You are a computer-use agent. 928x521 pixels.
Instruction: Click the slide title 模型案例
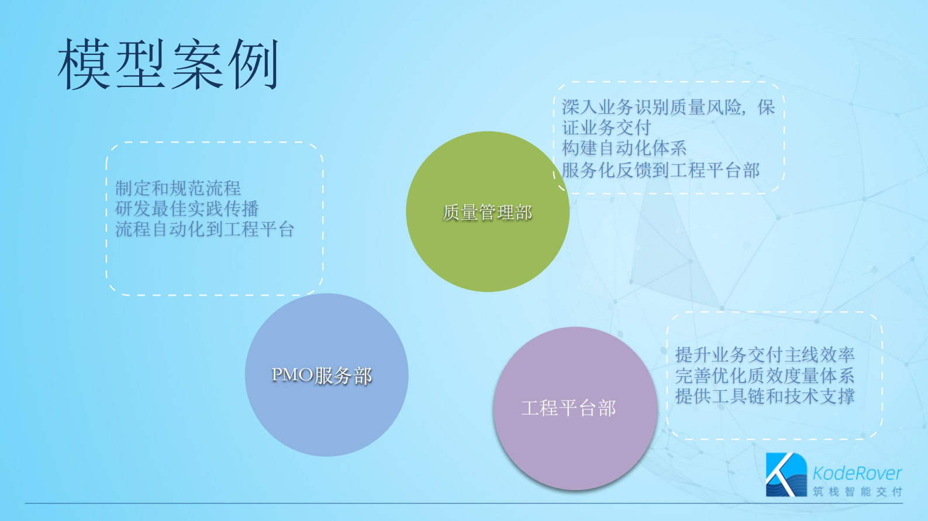coord(168,65)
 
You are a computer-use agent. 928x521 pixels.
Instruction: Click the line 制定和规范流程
coord(178,188)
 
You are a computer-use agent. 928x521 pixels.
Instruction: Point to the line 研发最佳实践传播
coord(187,209)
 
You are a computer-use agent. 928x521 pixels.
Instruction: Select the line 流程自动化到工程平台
coord(205,229)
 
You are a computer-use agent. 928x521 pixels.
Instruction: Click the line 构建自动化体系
coord(624,148)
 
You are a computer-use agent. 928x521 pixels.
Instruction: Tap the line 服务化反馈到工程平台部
coord(660,170)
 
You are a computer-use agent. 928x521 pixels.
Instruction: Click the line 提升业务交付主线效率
coord(765,355)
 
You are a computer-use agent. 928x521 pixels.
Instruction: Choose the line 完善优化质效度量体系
coord(765,376)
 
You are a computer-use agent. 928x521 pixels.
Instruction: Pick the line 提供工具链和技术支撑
coord(765,397)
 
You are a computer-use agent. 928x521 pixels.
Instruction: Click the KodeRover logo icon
coord(786,474)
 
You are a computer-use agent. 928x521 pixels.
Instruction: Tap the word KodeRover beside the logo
coord(857,473)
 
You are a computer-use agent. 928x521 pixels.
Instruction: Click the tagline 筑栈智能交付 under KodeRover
coord(857,492)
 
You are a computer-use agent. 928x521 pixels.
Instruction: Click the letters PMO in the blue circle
coord(292,374)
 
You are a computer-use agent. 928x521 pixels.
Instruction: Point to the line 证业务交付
coord(606,127)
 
